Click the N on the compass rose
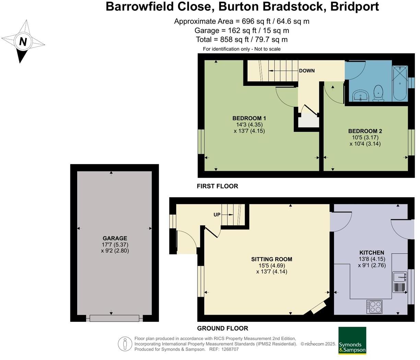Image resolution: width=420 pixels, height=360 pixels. coord(23,42)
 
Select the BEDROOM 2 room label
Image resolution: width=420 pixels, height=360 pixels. coord(365,131)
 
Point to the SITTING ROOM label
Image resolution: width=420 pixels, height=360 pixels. coord(272,259)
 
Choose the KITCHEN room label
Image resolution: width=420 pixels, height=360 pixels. coord(372,253)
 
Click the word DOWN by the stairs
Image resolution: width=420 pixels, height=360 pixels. coord(307,71)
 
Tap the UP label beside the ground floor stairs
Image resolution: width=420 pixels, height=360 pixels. coord(217,215)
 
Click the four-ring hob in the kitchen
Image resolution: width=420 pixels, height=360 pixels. coord(374,307)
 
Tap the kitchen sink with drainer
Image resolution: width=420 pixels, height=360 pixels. coord(399,282)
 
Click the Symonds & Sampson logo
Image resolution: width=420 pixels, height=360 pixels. coord(352,340)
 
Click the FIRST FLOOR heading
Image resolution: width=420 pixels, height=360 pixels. coord(217,186)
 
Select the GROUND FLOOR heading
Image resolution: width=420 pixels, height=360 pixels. coord(223,328)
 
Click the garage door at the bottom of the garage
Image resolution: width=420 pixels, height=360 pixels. coord(115,318)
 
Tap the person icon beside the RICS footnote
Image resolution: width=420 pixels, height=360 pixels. coord(125,344)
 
